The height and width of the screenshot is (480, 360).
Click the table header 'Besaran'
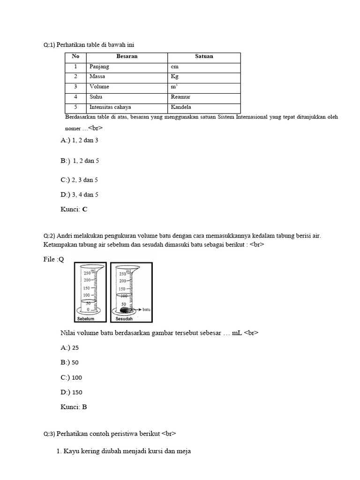[x=127, y=56]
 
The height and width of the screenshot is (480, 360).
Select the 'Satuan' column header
[x=204, y=56]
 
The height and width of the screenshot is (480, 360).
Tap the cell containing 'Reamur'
[x=181, y=97]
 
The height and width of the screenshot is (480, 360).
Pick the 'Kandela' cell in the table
[x=181, y=107]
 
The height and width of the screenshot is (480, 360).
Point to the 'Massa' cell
[x=97, y=76]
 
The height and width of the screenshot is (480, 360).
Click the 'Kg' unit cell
[x=175, y=76]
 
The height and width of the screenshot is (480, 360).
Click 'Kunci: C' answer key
[x=74, y=210]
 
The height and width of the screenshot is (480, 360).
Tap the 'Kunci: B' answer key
[x=74, y=407]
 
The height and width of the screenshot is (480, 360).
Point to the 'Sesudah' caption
[x=124, y=319]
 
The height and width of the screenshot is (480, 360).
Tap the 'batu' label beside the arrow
[x=146, y=310]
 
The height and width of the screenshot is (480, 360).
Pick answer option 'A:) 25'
[x=70, y=348]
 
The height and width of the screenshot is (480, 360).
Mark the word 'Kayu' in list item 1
[x=71, y=451]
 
